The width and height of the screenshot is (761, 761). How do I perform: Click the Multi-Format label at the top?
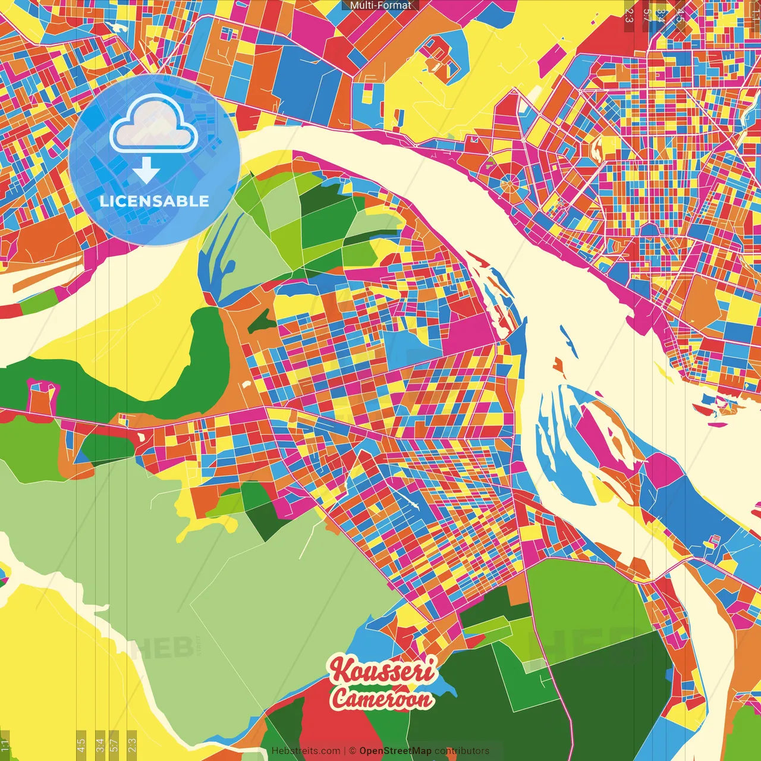pos(380,5)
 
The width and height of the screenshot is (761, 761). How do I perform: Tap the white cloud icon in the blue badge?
pos(153,125)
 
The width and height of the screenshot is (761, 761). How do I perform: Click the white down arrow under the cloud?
pos(146,171)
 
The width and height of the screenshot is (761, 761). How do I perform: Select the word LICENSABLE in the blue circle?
pos(155,201)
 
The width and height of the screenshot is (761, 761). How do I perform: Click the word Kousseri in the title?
pos(383,671)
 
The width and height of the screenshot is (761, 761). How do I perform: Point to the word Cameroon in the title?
pos(382,699)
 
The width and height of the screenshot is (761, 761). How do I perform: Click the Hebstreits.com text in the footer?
pos(306,751)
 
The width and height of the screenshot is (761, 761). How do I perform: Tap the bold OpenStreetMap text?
pos(395,751)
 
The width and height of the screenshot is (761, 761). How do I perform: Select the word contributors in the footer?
pos(462,751)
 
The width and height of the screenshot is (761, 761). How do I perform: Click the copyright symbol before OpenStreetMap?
pos(353,751)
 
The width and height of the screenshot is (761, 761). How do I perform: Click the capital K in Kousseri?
pos(341,670)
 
